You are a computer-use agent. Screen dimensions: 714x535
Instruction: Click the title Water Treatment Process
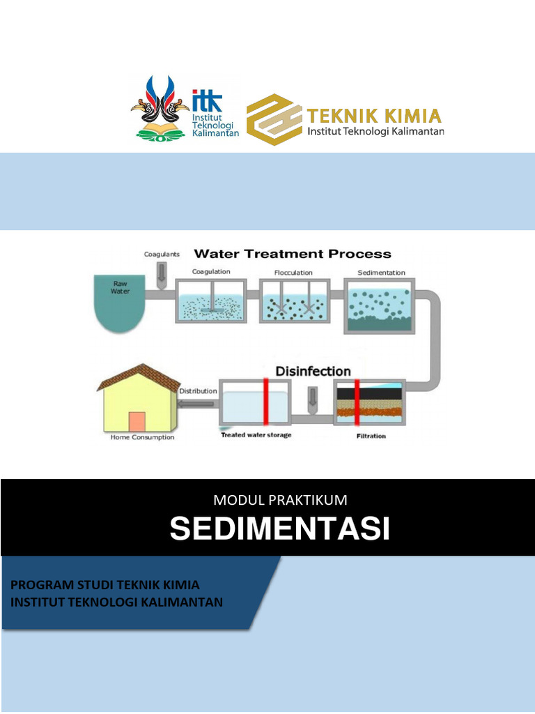tap(292, 255)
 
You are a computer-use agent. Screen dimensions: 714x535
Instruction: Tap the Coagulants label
tap(162, 255)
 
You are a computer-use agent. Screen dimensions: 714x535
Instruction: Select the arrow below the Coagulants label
tap(162, 273)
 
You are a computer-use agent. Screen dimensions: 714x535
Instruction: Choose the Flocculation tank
tap(293, 301)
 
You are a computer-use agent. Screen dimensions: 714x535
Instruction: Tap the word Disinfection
tap(313, 371)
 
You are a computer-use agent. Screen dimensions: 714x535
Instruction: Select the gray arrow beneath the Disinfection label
tap(312, 397)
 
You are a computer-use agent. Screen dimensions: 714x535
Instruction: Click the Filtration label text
tap(371, 436)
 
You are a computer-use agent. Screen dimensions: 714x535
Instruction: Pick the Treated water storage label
tap(256, 436)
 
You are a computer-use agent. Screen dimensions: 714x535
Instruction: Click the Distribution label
tap(198, 391)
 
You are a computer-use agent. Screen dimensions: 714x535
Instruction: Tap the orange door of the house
tap(137, 421)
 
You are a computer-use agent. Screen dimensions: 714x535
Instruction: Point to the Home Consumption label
tap(142, 438)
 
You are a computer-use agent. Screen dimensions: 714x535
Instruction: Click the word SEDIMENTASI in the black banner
tap(279, 529)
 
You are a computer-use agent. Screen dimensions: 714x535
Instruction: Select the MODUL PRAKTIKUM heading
tap(280, 499)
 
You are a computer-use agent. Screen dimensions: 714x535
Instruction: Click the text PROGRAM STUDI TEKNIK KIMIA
tap(105, 584)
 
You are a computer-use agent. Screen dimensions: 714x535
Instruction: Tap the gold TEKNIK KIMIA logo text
tap(375, 114)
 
